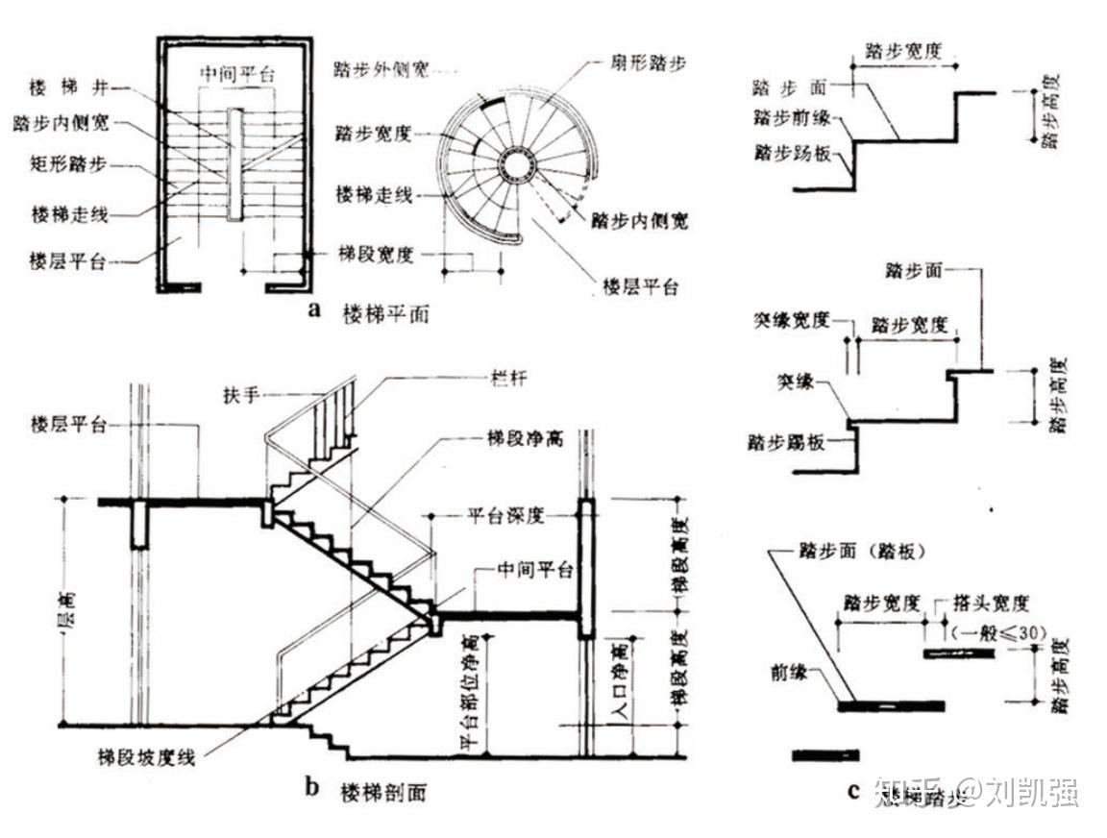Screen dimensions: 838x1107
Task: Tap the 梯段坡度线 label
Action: click(149, 756)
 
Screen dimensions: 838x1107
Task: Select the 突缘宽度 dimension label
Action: click(791, 321)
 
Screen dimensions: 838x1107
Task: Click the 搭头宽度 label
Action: click(991, 604)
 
